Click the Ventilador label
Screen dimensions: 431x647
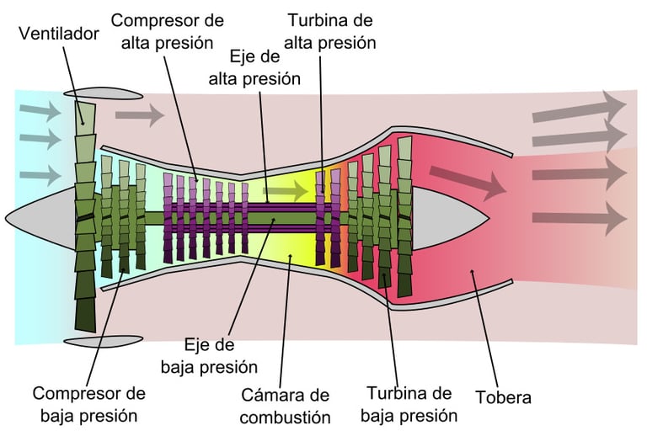click(x=60, y=34)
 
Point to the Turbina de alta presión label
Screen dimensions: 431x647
click(x=330, y=30)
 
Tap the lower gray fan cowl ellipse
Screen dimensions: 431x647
click(x=93, y=340)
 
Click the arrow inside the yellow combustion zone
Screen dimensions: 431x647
click(x=291, y=191)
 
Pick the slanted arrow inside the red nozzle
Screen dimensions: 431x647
click(x=463, y=178)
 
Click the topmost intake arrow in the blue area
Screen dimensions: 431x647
click(x=40, y=110)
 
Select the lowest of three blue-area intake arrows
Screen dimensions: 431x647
click(x=40, y=175)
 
